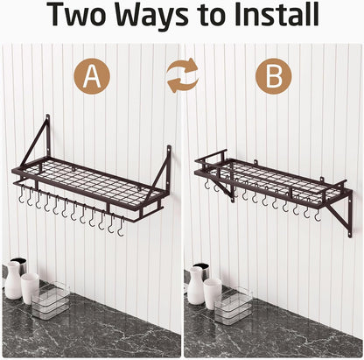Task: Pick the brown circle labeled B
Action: coord(273,77)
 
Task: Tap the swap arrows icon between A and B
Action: coord(182,76)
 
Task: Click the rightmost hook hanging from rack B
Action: coord(318,213)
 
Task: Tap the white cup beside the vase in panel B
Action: coord(213,292)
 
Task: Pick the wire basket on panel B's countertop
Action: coord(235,306)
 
